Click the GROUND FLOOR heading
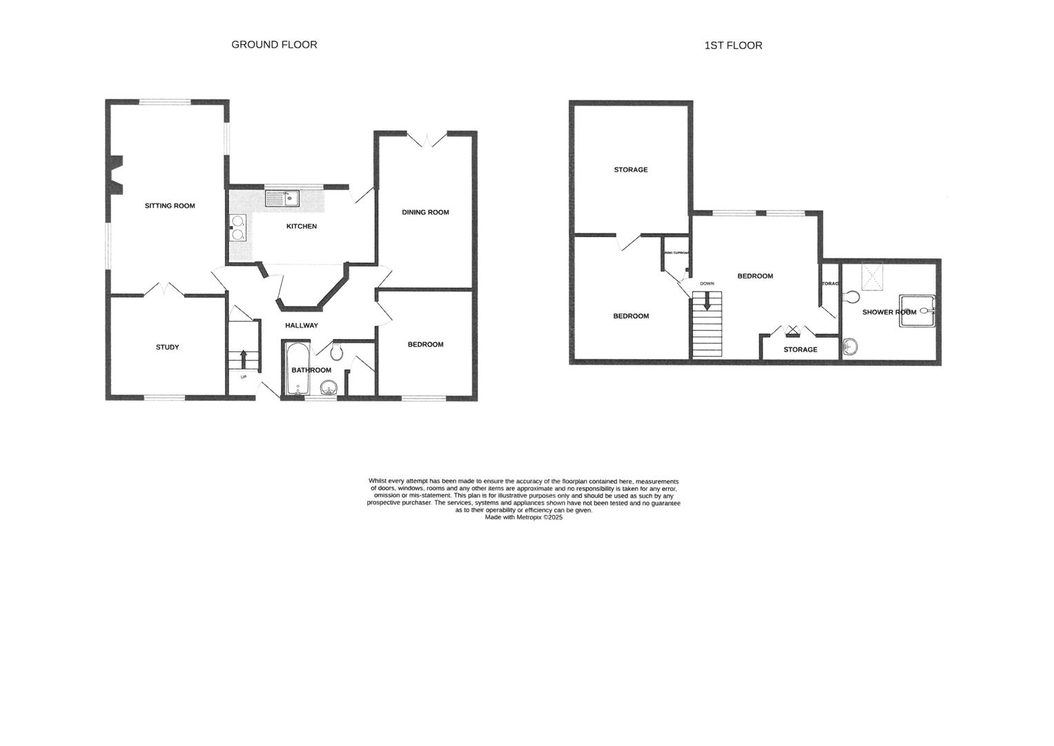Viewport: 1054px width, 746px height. tap(274, 44)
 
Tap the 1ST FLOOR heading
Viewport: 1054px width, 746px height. tap(733, 46)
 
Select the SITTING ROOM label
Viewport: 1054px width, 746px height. tap(169, 206)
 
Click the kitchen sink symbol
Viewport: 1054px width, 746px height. tap(282, 198)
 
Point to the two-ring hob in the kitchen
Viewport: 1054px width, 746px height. tap(238, 228)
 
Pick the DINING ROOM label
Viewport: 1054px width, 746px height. tap(425, 212)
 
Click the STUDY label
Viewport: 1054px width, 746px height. tap(167, 347)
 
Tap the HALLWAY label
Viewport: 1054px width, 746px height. tap(302, 325)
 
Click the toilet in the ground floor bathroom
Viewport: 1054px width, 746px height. tap(337, 352)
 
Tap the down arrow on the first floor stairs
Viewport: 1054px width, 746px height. tap(706, 302)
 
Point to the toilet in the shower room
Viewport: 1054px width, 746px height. tap(850, 297)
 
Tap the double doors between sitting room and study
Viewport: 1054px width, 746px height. tap(164, 290)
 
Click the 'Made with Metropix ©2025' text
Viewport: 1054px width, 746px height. tap(523, 517)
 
